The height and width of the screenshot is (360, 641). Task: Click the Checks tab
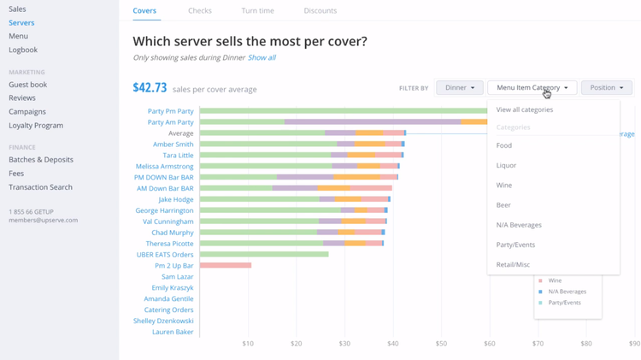pos(200,11)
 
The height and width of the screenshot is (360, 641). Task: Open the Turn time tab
pos(257,11)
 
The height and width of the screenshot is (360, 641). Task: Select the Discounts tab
pos(320,11)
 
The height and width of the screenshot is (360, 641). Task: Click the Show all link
pos(262,58)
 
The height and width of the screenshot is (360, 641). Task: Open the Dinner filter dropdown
pos(460,88)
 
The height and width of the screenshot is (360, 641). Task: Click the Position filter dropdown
pos(606,88)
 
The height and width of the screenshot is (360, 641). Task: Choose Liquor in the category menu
pos(506,166)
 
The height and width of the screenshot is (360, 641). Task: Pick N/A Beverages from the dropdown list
pos(519,225)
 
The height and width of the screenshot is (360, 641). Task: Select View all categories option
pos(524,109)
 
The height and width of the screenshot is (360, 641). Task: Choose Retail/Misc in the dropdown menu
pos(513,265)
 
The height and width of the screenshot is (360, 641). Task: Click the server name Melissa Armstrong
pos(164,167)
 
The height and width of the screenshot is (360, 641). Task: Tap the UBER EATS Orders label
pos(165,255)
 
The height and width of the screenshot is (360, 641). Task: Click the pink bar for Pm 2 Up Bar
pos(226,266)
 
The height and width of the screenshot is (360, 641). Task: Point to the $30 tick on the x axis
pos(344,344)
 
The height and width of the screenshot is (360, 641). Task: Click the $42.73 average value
pos(150,88)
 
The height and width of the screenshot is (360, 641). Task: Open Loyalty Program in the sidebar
pos(36,126)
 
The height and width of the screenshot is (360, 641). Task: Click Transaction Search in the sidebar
pos(40,187)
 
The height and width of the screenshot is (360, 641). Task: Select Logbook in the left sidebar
pos(23,50)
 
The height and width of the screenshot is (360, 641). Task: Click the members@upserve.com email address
pos(43,221)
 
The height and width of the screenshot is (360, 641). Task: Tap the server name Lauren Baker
pos(173,332)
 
